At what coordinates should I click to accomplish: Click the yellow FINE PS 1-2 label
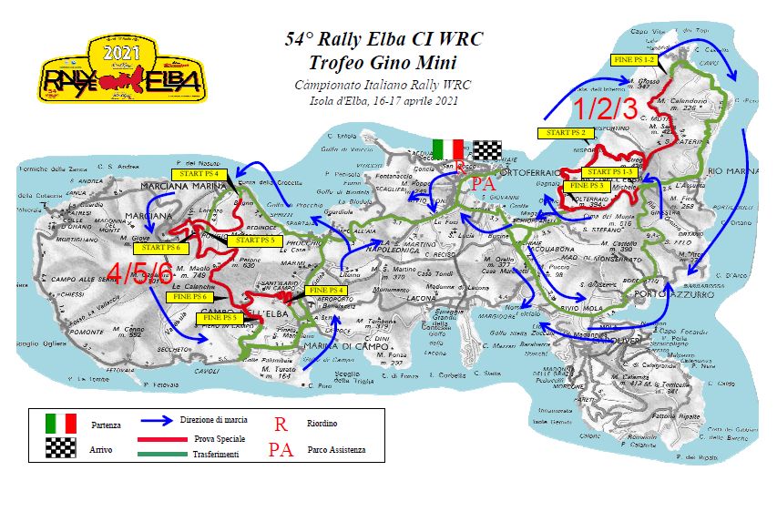click(x=636, y=59)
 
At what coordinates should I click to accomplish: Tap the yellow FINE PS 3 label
click(x=590, y=185)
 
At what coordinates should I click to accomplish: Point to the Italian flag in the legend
click(x=61, y=424)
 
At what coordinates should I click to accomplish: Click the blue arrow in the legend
click(x=169, y=423)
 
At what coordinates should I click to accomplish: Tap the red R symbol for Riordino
click(x=281, y=423)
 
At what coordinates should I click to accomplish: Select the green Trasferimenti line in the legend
click(x=169, y=453)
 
